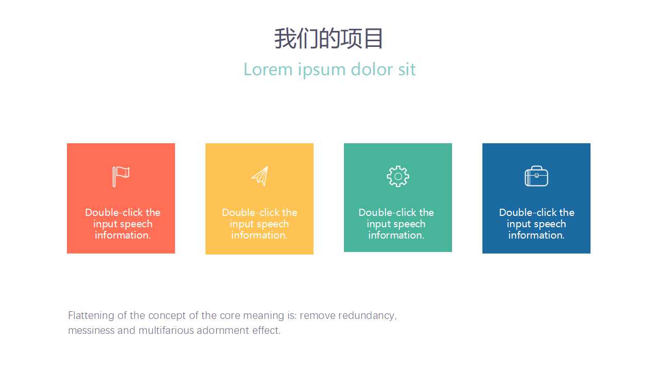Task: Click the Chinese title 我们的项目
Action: tap(328, 39)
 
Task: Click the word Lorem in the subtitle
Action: tap(268, 70)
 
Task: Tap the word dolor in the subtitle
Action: tap(372, 69)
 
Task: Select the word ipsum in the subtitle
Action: tap(322, 71)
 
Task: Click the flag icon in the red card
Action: tap(121, 176)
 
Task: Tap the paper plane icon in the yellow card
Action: tap(260, 176)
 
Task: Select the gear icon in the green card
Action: tap(398, 176)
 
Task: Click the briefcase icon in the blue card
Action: tap(536, 176)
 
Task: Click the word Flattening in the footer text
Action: tap(91, 316)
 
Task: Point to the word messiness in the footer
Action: tap(91, 330)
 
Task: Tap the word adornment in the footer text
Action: tap(223, 330)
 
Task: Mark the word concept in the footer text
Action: tap(167, 316)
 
